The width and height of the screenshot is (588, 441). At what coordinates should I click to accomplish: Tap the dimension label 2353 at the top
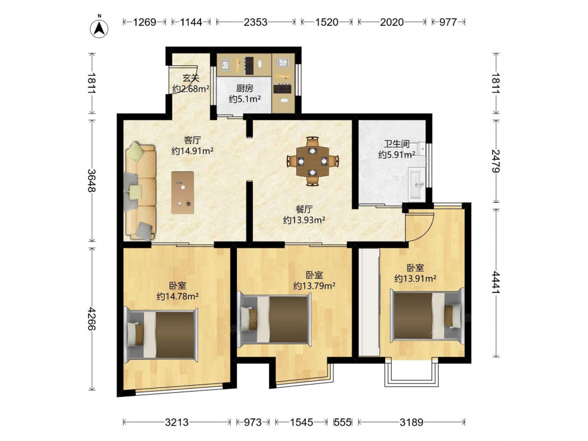pos(255,22)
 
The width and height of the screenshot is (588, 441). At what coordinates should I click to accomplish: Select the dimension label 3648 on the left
pos(92,181)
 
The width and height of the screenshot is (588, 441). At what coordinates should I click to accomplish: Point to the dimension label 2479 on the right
pos(496,161)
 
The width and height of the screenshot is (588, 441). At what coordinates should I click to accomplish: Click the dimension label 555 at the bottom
pos(342,423)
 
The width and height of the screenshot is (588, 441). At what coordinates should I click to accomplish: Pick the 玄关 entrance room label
pos(191,78)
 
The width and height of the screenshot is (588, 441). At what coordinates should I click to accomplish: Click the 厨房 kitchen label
pos(245,89)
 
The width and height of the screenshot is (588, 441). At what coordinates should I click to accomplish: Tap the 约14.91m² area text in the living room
pos(192,151)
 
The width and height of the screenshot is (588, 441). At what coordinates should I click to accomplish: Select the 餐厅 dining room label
pos(304,209)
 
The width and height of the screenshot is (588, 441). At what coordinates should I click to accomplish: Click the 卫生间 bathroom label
pos(396,144)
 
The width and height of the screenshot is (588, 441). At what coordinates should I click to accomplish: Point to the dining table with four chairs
pos(313,161)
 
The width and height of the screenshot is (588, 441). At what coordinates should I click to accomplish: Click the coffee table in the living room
pos(183,193)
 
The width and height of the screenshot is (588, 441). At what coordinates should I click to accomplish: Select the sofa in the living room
pos(141,191)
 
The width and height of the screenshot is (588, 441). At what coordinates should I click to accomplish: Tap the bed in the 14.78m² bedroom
pos(161,335)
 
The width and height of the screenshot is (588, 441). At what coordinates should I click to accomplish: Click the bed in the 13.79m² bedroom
pos(274,320)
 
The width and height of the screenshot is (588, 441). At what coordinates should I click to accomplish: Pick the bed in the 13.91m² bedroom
pos(427,315)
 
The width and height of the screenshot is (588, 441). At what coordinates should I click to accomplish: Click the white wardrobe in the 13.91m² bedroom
pos(369,302)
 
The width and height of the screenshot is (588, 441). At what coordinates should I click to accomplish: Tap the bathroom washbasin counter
pos(417,183)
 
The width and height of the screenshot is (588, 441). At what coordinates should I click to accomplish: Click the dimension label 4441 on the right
pos(496,283)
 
